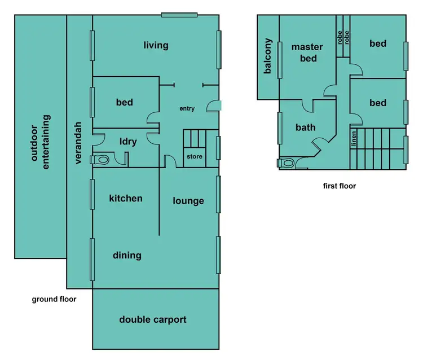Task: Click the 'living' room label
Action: pyautogui.click(x=156, y=45)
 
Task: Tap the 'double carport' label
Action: pyautogui.click(x=152, y=319)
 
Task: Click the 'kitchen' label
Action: pyautogui.click(x=126, y=198)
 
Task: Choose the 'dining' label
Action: pyautogui.click(x=127, y=255)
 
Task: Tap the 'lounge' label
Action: pyautogui.click(x=188, y=200)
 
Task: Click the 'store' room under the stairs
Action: pyautogui.click(x=195, y=156)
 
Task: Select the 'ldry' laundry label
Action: pyautogui.click(x=128, y=142)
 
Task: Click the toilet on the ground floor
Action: pyautogui.click(x=101, y=160)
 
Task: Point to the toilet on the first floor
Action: pyautogui.click(x=287, y=163)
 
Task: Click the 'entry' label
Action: pyautogui.click(x=187, y=108)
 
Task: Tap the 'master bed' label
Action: pyautogui.click(x=307, y=52)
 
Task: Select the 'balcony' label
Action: pyautogui.click(x=268, y=56)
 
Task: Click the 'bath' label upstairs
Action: pyautogui.click(x=306, y=128)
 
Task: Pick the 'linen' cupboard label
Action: pyautogui.click(x=354, y=138)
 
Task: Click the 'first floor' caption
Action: pyautogui.click(x=339, y=186)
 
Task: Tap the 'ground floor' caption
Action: pyautogui.click(x=54, y=299)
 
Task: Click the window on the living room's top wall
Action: pyautogui.click(x=179, y=15)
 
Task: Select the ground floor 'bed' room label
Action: pyautogui.click(x=125, y=102)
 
